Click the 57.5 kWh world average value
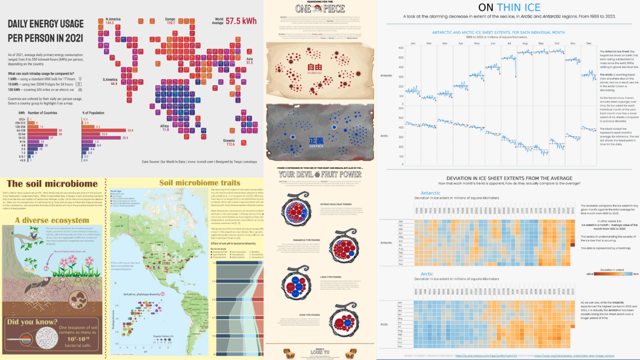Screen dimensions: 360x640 click(x=242, y=21)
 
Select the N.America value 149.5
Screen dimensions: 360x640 click(x=109, y=22)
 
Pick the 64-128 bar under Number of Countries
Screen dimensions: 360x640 click(x=45, y=130)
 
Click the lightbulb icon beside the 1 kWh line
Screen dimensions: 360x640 click(x=80, y=79)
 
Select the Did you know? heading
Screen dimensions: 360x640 click(x=32, y=322)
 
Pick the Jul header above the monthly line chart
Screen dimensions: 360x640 click(x=509, y=43)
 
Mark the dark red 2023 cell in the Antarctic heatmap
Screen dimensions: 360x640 click(x=572, y=245)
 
